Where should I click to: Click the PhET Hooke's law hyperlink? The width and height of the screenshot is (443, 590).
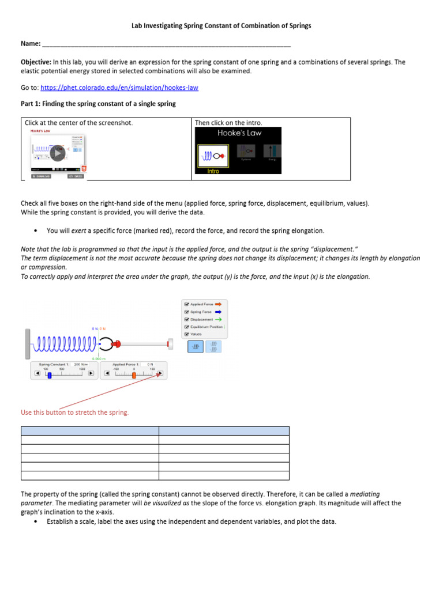pos(119,88)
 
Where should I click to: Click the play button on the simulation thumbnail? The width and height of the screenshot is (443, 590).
pos(57,153)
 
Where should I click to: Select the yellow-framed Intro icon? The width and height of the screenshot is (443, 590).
pos(213,155)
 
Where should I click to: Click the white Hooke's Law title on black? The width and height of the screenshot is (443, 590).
pos(239,133)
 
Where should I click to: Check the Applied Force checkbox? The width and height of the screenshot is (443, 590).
pos(186,304)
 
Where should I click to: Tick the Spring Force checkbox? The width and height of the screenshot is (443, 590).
pos(186,311)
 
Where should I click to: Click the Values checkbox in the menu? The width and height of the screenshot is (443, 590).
pos(186,334)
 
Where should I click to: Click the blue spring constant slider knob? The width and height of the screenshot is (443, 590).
pos(50,375)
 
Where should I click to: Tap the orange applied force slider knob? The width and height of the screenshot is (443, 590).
pos(134,375)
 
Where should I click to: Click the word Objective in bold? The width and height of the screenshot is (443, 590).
pos(36,62)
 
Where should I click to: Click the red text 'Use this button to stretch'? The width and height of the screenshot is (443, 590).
pos(75,413)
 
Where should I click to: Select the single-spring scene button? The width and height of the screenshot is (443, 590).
pos(196,346)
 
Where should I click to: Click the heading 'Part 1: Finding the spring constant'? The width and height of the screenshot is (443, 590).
pos(98,104)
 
